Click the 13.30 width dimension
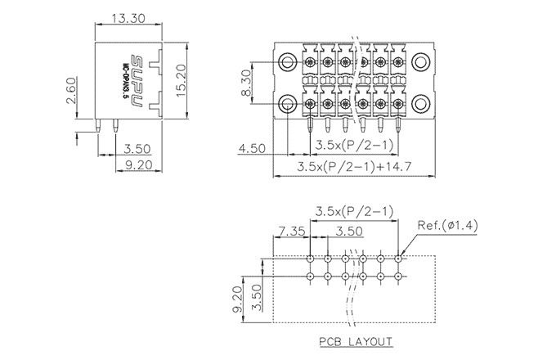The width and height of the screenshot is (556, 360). click(x=128, y=17)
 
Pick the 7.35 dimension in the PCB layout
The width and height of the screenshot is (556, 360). click(x=290, y=232)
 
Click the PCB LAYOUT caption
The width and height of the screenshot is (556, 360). click(x=355, y=341)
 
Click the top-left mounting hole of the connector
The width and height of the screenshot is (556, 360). click(x=287, y=62)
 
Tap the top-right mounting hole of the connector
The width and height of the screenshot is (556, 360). click(x=420, y=62)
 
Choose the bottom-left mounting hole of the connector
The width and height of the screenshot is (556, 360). click(x=287, y=104)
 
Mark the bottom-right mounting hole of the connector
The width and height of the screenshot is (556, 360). click(x=420, y=104)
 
